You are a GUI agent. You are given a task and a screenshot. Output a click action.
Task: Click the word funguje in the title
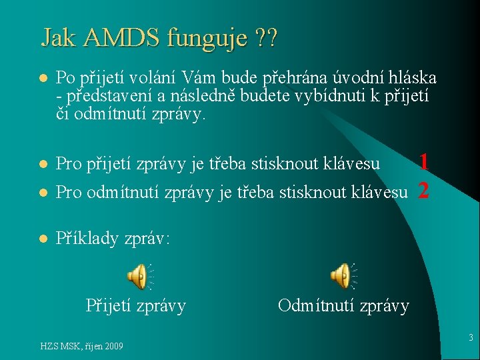(x=209, y=39)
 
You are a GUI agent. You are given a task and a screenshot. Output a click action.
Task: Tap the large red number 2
(x=423, y=191)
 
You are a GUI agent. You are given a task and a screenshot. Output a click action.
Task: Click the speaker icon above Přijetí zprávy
(x=137, y=277)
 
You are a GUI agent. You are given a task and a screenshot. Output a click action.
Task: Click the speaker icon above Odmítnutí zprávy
(x=341, y=276)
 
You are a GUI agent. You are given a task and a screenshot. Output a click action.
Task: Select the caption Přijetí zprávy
(x=136, y=306)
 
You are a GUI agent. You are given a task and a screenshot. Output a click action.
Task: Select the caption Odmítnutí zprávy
(x=343, y=306)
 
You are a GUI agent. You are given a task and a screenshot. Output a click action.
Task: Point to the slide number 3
(x=471, y=338)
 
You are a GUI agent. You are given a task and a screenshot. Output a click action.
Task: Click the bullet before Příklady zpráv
(x=41, y=238)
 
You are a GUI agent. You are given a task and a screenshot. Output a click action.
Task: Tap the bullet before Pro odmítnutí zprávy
(x=41, y=193)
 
